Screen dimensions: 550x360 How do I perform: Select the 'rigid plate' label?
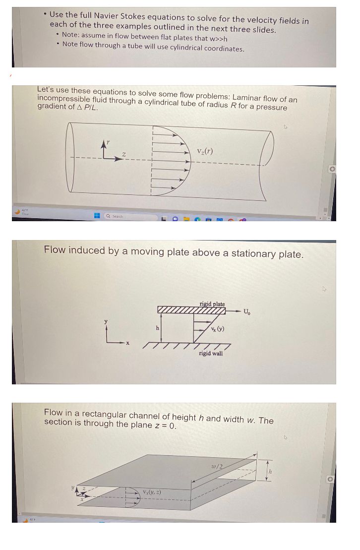click(x=212, y=304)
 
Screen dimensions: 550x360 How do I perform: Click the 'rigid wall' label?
click(x=211, y=353)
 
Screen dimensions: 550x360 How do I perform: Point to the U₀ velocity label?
click(x=247, y=312)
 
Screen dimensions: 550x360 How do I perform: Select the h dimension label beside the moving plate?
click(x=158, y=328)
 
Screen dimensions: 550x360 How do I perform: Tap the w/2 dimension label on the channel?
click(x=217, y=466)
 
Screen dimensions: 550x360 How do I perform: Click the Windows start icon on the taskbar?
click(x=98, y=216)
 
